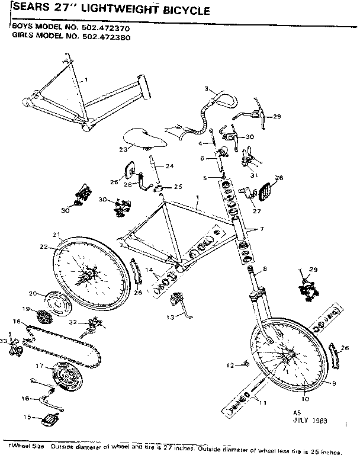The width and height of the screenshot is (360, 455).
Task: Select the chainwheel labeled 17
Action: pos(66,376)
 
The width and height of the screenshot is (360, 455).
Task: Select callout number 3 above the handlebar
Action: pos(207,89)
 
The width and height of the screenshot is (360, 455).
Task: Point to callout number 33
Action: pos(4,341)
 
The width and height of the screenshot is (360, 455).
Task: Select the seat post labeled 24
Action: pos(155,169)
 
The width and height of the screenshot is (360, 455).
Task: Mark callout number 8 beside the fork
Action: pos(265,270)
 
